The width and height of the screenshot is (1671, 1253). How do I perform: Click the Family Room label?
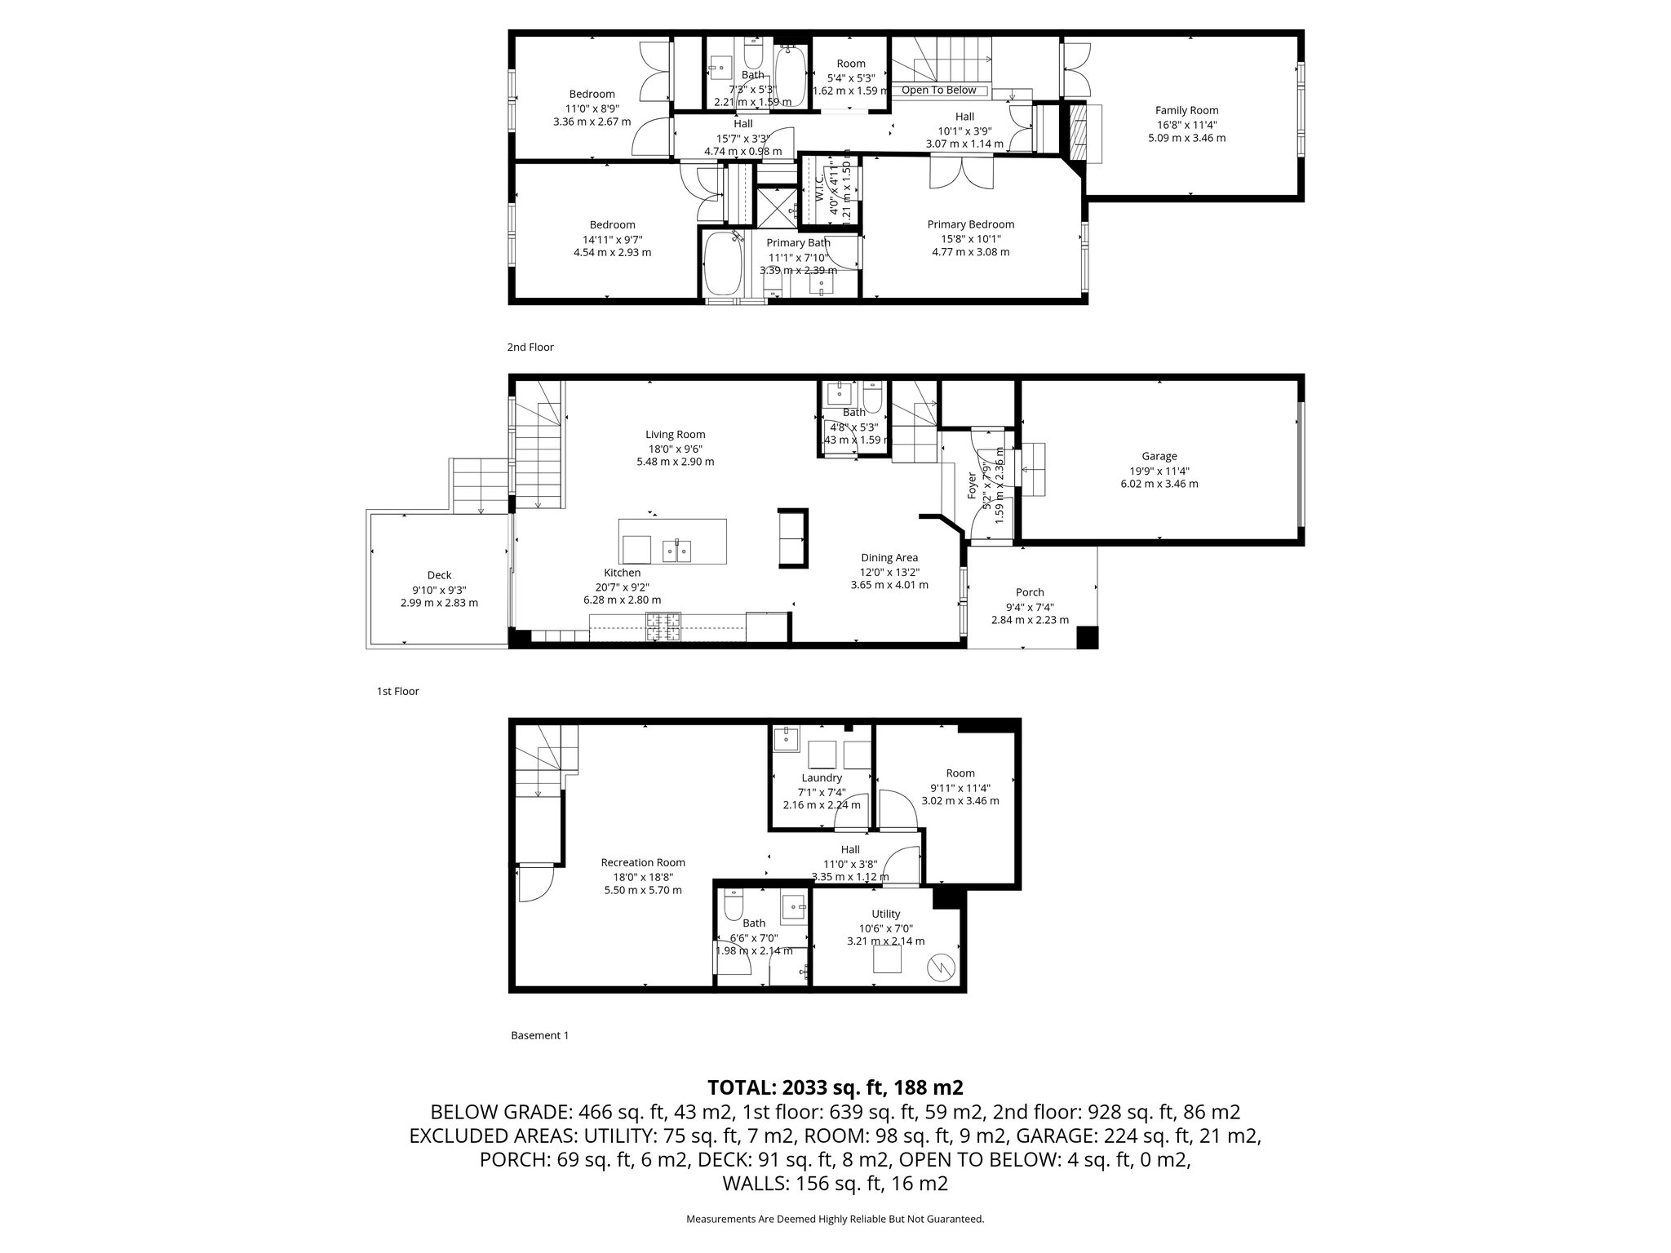[x=1186, y=110]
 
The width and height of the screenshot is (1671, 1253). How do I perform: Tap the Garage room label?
[x=1159, y=456]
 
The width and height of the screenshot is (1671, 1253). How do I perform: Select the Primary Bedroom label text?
[x=970, y=224]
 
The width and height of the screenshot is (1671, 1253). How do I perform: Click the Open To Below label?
[x=938, y=91]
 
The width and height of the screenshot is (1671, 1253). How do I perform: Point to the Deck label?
[x=439, y=575]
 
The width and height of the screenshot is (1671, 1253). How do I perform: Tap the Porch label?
[x=1030, y=592]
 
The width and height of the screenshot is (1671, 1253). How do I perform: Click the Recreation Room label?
[x=643, y=862]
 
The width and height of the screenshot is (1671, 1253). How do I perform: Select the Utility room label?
[x=885, y=914]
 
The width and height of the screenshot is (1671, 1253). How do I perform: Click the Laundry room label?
[x=821, y=777]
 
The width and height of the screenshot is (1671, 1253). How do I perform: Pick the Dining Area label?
[x=889, y=558]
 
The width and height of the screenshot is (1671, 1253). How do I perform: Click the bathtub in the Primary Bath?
[x=722, y=263]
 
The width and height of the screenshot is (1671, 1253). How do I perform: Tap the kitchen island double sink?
[x=676, y=551]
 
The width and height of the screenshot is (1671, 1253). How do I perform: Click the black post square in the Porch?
[x=1087, y=637]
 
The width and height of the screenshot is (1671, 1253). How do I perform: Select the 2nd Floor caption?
[x=530, y=348]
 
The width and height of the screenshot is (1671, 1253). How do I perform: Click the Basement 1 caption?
[x=539, y=1035]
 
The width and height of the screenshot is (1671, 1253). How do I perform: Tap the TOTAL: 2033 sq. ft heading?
[x=835, y=1087]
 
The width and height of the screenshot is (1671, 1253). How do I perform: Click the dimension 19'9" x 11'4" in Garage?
[x=1159, y=470]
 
